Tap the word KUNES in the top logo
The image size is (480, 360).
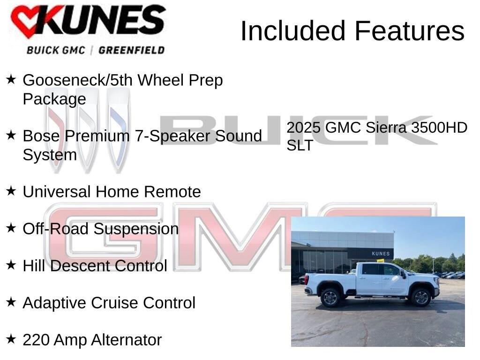tap(101, 21)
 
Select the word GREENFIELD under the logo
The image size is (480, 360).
tap(131, 50)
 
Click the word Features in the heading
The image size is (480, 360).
tap(409, 31)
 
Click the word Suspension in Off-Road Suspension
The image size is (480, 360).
tap(136, 229)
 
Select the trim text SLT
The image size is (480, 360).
tap(300, 145)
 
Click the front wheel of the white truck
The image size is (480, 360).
tap(420, 297)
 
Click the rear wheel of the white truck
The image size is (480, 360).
tap(330, 297)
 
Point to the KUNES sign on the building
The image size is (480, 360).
tap(380, 254)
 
